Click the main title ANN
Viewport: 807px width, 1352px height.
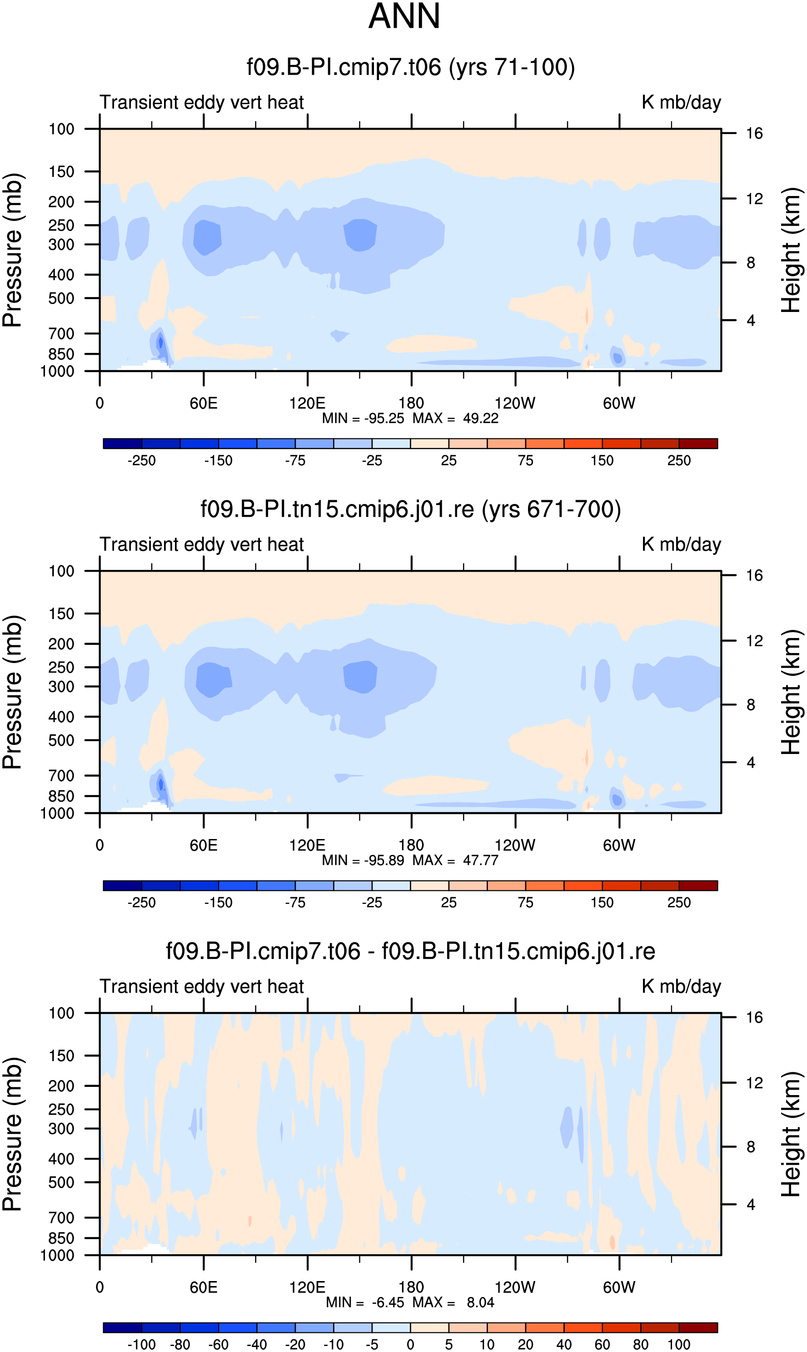404,16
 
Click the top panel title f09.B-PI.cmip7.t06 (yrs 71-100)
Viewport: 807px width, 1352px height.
411,67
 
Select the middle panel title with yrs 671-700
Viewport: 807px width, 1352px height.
411,510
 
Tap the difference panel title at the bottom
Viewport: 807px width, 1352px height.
411,951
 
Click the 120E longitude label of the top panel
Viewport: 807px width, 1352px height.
307,403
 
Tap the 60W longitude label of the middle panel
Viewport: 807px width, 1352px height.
619,845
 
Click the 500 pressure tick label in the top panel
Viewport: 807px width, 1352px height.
61,298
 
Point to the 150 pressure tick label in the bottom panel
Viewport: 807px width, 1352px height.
61,1056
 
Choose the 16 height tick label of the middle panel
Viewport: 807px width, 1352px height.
754,576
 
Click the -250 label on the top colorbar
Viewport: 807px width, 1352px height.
141,461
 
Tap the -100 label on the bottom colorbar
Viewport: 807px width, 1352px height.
141,1344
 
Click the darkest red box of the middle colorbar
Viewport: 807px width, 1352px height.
698,885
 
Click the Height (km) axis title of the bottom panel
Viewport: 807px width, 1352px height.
791,1134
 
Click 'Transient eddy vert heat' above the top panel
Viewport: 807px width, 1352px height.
202,102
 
